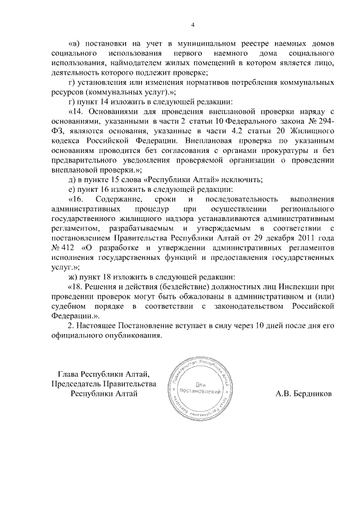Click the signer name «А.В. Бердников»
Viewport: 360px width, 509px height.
tap(304, 394)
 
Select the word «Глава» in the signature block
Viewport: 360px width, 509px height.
tap(69, 374)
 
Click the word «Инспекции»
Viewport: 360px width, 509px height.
tap(297, 286)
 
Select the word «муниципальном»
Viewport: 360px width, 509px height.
tap(206, 43)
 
